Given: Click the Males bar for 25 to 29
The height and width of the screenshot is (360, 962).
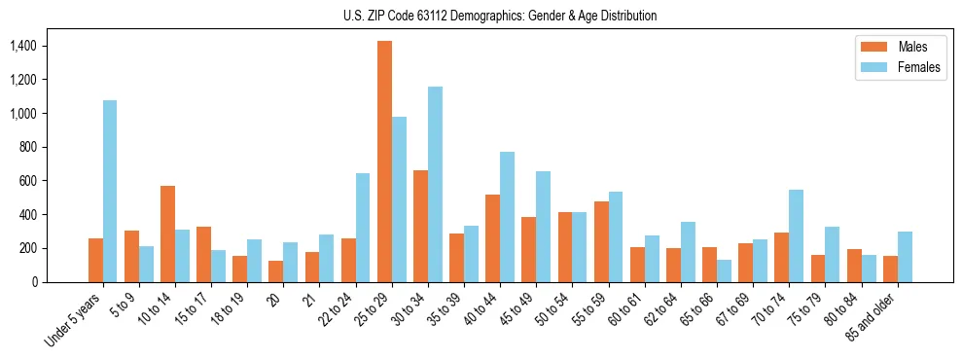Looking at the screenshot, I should click(x=384, y=162).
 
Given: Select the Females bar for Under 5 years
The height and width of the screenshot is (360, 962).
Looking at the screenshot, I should click(x=110, y=191).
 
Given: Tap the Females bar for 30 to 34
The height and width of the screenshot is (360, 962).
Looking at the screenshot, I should click(x=435, y=184).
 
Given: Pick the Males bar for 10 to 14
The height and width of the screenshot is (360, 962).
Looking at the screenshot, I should click(x=167, y=234).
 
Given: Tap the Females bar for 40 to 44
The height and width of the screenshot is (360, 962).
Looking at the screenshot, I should click(x=507, y=217).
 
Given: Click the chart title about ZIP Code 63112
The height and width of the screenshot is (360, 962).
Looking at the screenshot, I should click(x=500, y=16).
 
